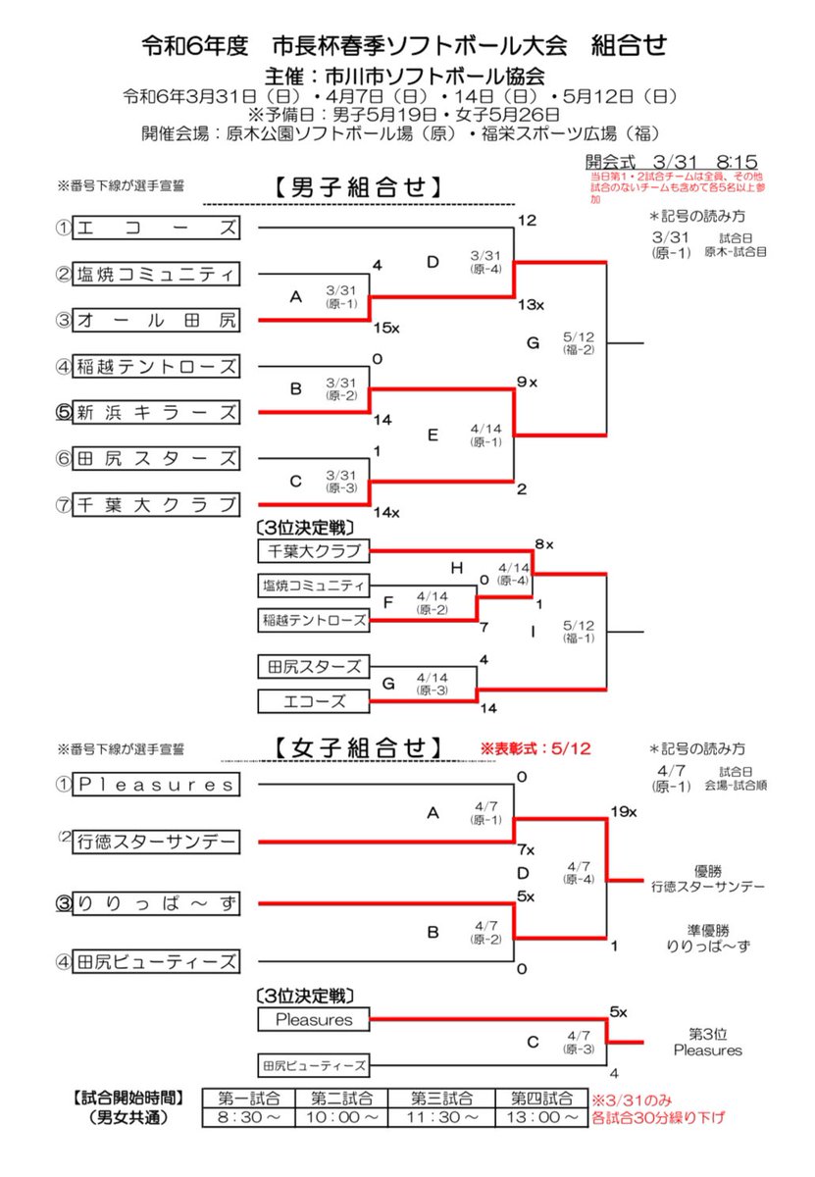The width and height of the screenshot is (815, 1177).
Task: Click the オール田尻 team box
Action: tap(158, 320)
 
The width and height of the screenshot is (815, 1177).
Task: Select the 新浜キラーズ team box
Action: tap(158, 413)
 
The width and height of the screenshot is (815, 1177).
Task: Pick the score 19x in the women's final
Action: tap(624, 812)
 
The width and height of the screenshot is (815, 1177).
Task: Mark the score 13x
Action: tap(531, 304)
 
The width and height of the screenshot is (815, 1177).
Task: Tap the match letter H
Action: tap(456, 567)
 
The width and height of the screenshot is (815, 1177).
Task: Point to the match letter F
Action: tap(388, 601)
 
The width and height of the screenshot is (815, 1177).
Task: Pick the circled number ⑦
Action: tap(65, 505)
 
